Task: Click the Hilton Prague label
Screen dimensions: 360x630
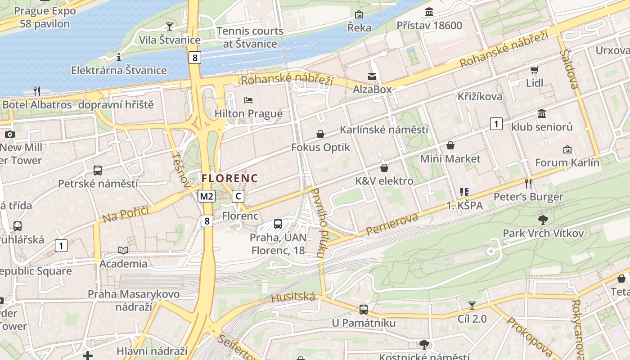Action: (248, 113)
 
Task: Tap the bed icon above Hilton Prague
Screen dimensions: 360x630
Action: (248, 100)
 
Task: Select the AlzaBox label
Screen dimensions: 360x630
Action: (372, 90)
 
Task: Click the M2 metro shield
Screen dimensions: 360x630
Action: (207, 196)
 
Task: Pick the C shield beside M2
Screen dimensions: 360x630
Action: (238, 196)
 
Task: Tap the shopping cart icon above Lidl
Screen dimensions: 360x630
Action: (534, 70)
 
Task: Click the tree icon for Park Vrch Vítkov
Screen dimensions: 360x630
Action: (543, 220)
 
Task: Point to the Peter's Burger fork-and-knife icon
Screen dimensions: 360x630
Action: (528, 183)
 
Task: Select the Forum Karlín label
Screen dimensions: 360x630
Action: (567, 163)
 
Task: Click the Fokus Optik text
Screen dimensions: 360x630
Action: (320, 148)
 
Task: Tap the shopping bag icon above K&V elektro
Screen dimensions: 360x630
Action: (384, 168)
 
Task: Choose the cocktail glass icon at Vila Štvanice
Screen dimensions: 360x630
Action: (170, 26)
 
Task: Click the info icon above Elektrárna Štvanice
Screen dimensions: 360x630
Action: (119, 57)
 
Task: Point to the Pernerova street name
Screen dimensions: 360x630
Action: (392, 224)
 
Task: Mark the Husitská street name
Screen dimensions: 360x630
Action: (293, 297)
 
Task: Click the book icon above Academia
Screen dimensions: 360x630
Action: (123, 250)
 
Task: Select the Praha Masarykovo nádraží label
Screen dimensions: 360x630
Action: (134, 300)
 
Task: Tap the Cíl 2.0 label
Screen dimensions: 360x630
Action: (472, 319)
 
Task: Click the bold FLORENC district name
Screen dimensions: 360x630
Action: (229, 178)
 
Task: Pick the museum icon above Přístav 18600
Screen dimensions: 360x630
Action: (429, 12)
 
